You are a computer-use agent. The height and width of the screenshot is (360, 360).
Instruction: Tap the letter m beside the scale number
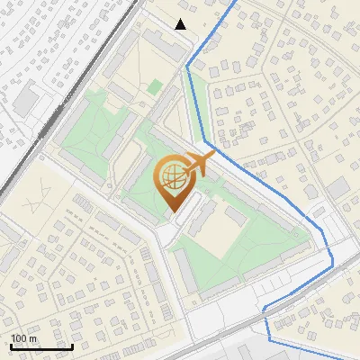pos(31,338)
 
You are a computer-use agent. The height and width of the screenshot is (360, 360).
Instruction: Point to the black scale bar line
pos(41,346)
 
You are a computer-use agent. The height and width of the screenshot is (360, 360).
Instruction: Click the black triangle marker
pos(181,24)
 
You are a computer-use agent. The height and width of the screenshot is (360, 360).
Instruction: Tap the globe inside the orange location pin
pos(172,175)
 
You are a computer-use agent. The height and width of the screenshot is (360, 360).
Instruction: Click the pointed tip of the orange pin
pos(172,210)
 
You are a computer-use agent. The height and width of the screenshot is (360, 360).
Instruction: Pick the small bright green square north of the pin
pos(156,86)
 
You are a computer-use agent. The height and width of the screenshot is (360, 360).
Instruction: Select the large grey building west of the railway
pos(26,98)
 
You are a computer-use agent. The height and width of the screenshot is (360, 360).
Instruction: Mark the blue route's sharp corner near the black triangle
pos(188,66)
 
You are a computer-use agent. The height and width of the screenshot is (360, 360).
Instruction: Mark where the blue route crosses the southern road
pos(266,310)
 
